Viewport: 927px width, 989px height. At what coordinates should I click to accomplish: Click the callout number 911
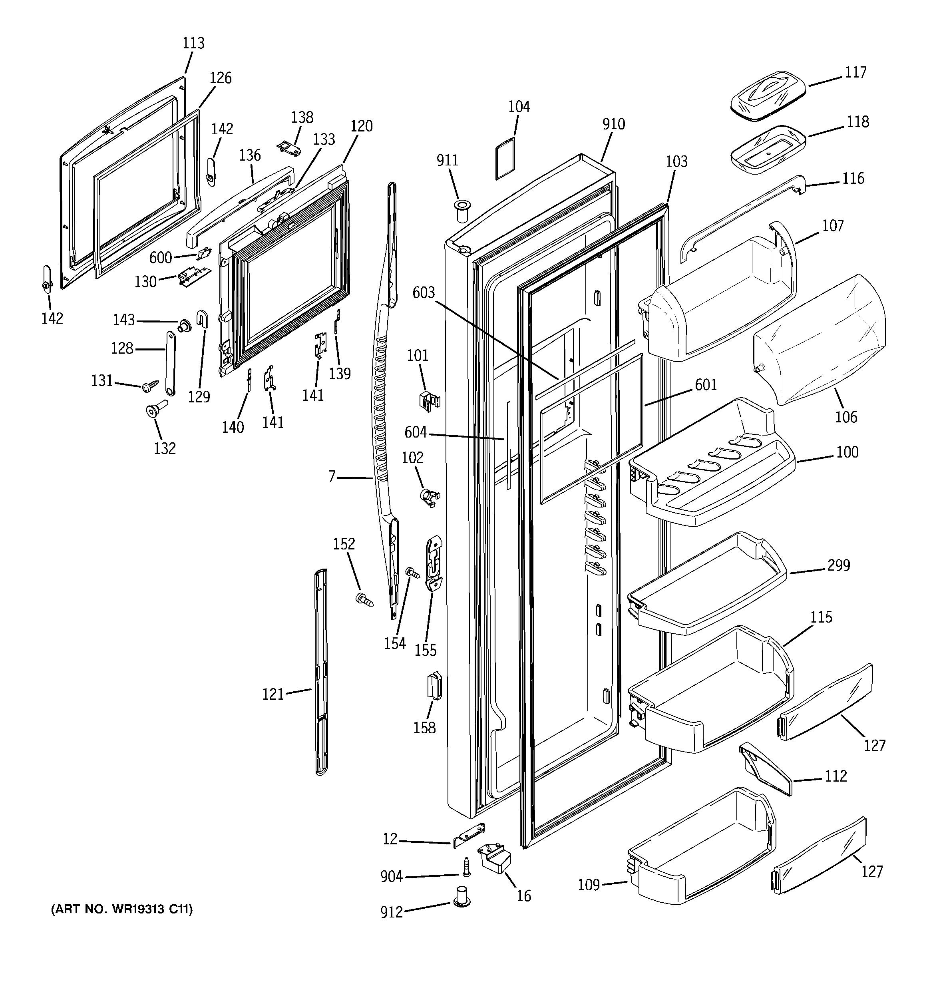pyautogui.click(x=448, y=160)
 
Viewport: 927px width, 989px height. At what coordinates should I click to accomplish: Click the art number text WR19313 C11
pyautogui.click(x=121, y=909)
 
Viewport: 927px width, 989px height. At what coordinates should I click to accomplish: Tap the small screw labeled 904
pyautogui.click(x=467, y=867)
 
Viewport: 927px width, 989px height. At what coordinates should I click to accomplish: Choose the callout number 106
pyautogui.click(x=846, y=417)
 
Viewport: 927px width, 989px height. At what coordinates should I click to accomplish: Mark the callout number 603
pyautogui.click(x=424, y=293)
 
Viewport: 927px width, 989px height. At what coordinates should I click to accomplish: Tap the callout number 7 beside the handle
pyautogui.click(x=332, y=477)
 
